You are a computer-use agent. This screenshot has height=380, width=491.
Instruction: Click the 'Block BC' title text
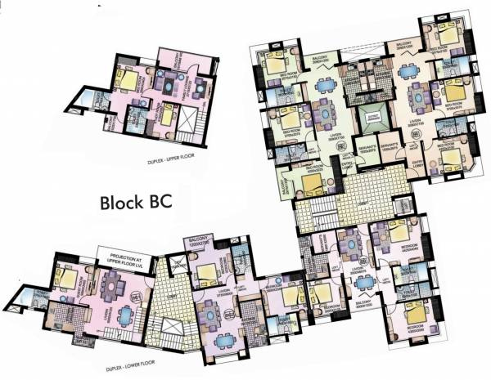(x=136, y=202)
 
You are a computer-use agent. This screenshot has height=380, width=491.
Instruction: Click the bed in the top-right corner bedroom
(x=448, y=35)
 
